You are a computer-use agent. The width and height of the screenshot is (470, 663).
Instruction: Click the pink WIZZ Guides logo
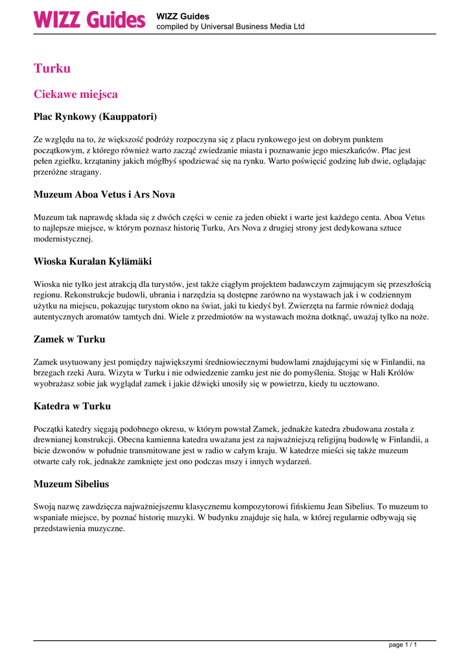pos(89,19)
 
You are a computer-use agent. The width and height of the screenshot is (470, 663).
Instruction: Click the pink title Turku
pos(52,69)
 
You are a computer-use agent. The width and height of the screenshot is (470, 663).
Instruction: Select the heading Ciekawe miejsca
pos(75,95)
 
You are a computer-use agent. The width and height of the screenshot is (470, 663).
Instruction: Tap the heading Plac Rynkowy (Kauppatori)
pos(95,117)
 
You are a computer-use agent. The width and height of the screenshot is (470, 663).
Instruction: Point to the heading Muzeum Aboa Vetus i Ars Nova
pos(104,194)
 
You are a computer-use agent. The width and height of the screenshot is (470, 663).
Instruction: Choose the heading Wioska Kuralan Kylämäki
pos(92,262)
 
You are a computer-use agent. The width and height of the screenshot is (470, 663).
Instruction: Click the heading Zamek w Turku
pos(69,339)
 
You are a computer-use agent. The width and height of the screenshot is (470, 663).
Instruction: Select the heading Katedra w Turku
pos(71,406)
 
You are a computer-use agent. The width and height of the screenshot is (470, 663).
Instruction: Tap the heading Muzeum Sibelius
pos(71,484)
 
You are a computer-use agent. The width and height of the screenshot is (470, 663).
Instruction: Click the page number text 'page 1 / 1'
pos(403,645)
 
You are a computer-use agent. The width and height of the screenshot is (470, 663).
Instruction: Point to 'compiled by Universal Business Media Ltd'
pos(230,27)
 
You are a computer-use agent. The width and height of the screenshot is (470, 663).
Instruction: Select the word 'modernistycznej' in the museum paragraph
pos(63,239)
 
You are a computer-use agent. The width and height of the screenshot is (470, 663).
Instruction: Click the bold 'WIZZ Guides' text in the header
pos(183,16)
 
